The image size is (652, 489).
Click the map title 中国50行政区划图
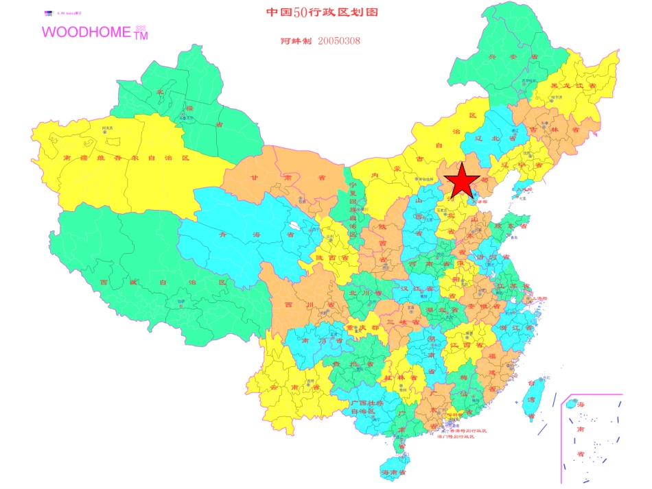click(x=321, y=12)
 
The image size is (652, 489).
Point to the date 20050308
click(x=339, y=41)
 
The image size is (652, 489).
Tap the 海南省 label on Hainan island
click(x=394, y=473)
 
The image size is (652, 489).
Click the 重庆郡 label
click(x=362, y=328)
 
